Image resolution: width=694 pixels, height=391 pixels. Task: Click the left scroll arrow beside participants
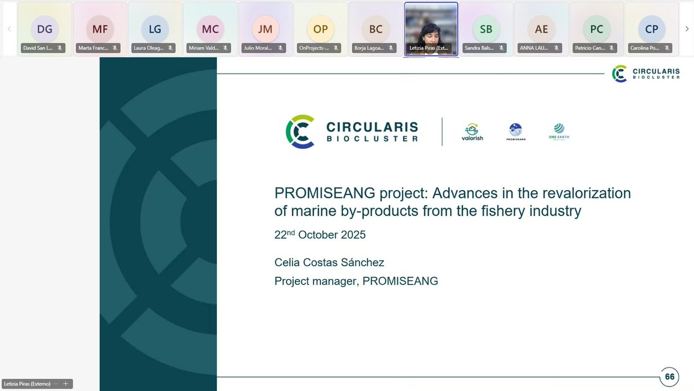(x=9, y=28)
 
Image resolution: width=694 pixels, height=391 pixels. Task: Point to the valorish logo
(x=472, y=132)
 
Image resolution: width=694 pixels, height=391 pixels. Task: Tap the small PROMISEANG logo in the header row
(x=515, y=132)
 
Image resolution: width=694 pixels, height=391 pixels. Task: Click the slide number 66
(x=670, y=377)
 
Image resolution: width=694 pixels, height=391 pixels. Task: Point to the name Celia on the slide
(x=289, y=263)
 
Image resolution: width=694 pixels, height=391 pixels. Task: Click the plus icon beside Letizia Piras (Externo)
(x=66, y=383)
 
